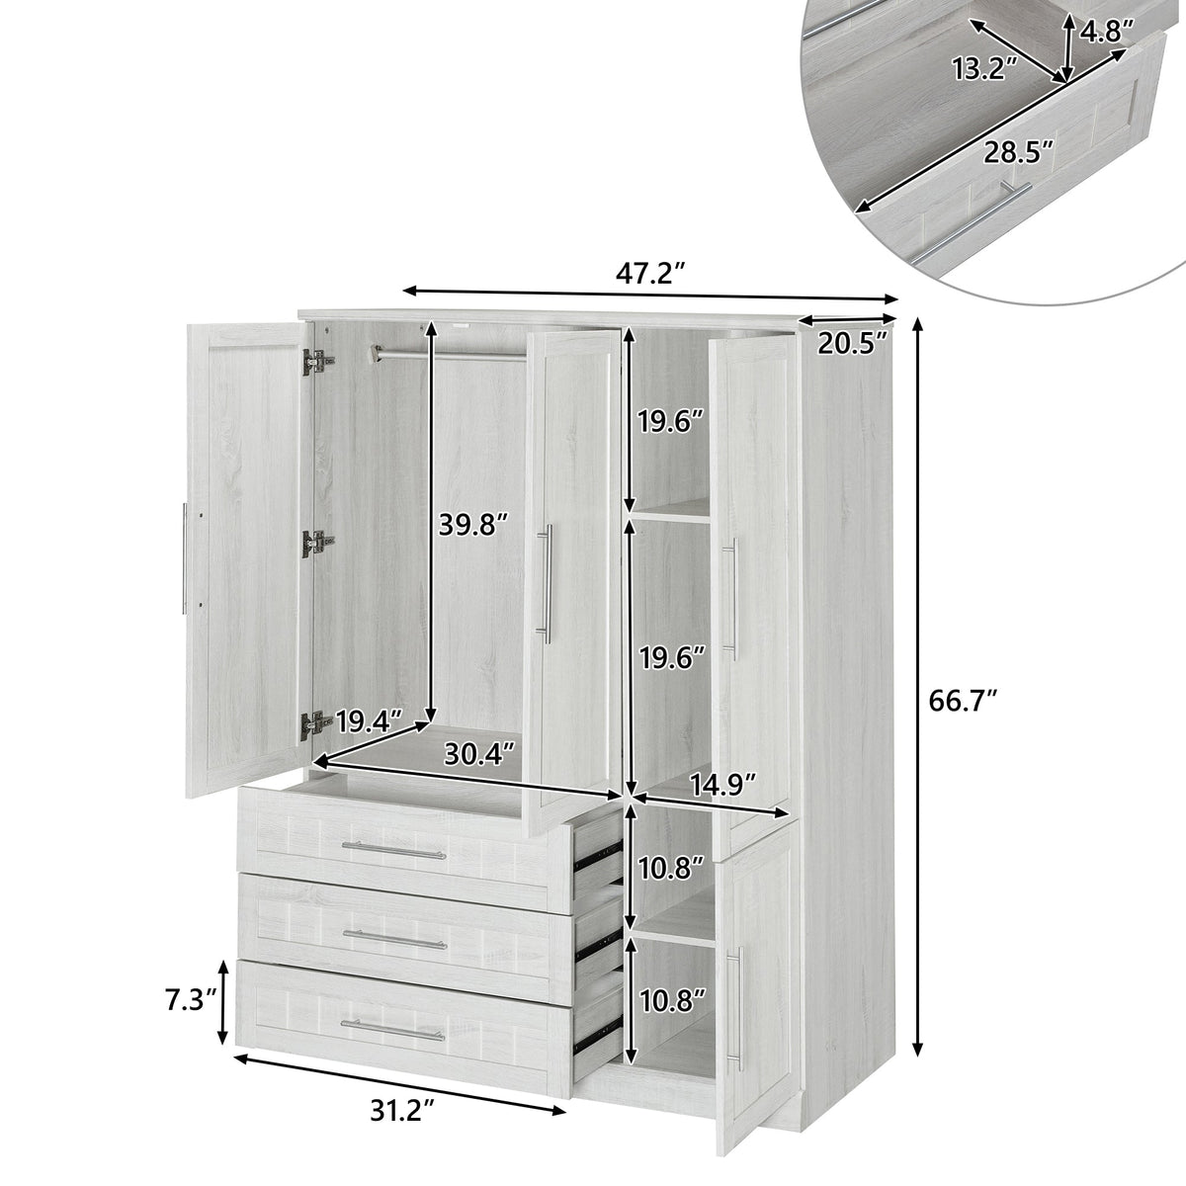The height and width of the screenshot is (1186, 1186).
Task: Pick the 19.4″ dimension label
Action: (x=369, y=721)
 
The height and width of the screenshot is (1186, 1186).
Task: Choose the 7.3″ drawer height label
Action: (x=192, y=1000)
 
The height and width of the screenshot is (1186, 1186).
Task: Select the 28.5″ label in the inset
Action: (x=1018, y=151)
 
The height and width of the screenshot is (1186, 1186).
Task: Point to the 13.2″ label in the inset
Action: (x=983, y=68)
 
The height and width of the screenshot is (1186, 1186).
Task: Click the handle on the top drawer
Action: (x=394, y=851)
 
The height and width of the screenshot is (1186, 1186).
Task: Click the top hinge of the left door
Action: (x=316, y=363)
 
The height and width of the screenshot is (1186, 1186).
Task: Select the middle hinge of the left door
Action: (x=316, y=542)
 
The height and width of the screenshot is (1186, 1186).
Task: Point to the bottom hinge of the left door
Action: (x=315, y=724)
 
